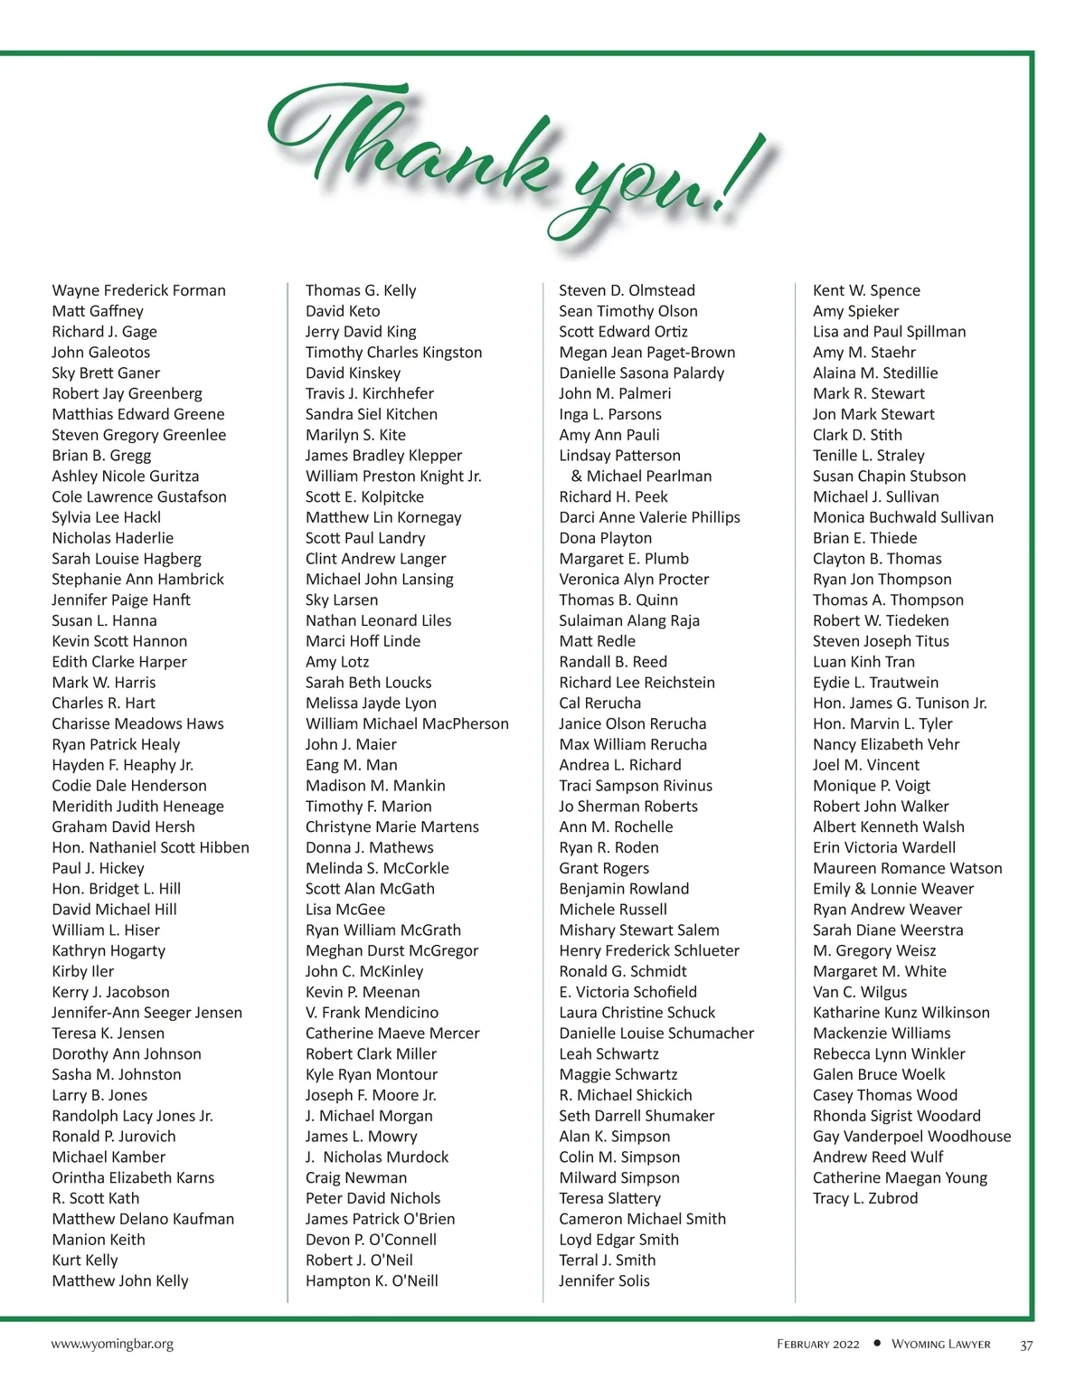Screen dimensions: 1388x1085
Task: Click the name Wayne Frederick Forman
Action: (138, 290)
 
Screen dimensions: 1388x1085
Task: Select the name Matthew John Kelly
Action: (120, 1280)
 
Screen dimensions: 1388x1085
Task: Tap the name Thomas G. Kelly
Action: (361, 290)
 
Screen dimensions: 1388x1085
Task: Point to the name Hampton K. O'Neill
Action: (372, 1280)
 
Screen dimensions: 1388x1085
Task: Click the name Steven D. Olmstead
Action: (627, 290)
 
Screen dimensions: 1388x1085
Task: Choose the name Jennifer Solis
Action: (604, 1280)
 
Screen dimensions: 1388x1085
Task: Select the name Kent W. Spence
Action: (866, 290)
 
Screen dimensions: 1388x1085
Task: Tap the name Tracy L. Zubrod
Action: (865, 1198)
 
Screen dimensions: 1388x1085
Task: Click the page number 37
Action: (1026, 1345)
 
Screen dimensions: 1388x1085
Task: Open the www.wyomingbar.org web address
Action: (112, 1345)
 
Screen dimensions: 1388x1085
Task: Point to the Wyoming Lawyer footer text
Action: (940, 1345)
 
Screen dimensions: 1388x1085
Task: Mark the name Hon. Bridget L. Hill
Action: (116, 889)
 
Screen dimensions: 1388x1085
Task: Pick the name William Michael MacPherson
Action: (407, 723)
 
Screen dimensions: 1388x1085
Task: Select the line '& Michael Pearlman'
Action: (641, 476)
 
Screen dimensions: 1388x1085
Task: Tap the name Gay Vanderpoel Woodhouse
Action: (911, 1137)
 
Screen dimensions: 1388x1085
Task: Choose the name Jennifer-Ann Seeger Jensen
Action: (146, 1013)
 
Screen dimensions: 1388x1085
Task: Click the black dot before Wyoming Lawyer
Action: (877, 1344)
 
